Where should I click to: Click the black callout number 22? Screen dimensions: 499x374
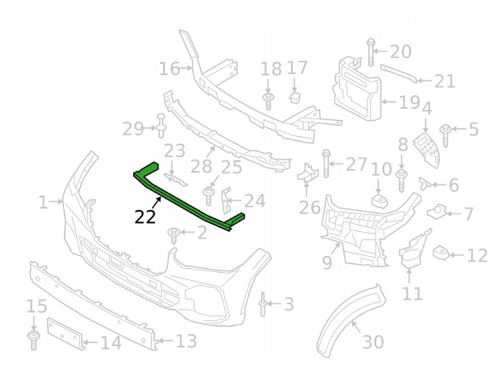click(145, 217)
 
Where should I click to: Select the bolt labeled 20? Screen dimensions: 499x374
click(371, 52)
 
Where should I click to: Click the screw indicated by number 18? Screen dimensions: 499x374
click(268, 101)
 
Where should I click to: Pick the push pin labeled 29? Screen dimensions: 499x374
click(161, 125)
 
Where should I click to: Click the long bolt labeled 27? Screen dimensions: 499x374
click(326, 164)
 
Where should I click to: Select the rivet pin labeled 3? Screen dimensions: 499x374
click(263, 304)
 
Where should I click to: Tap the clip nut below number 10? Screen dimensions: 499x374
click(379, 201)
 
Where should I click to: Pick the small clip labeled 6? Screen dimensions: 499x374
click(425, 183)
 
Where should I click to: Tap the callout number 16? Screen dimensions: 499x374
click(169, 69)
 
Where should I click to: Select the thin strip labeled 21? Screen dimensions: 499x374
click(399, 74)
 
